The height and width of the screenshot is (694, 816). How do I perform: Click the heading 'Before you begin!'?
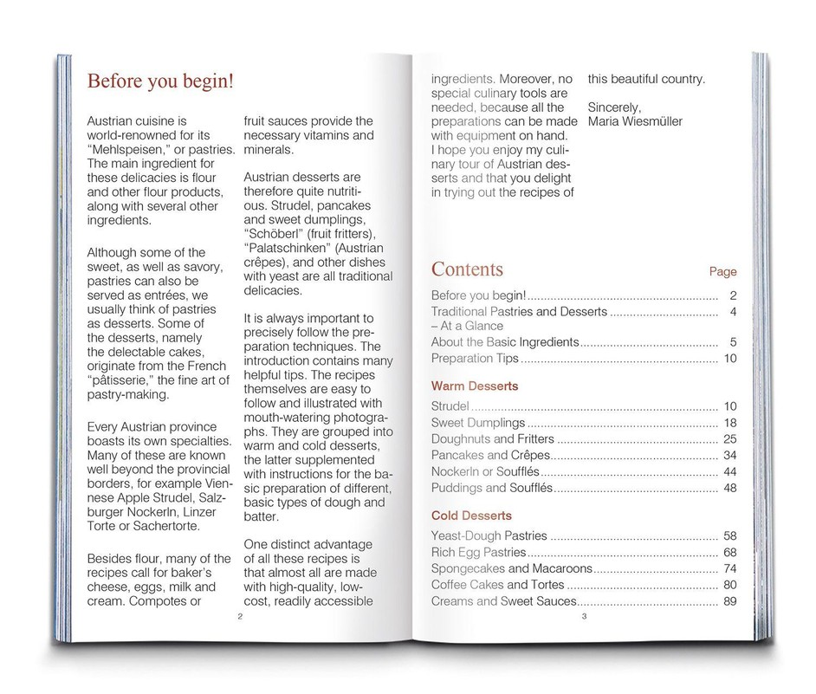(160, 81)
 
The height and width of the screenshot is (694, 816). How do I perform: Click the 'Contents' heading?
(466, 269)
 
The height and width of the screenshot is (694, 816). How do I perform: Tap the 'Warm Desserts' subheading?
(474, 385)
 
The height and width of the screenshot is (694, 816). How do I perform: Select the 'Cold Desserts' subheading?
(471, 516)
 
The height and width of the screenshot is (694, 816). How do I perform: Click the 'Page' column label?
(722, 271)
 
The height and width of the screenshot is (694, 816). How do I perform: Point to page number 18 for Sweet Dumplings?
(729, 423)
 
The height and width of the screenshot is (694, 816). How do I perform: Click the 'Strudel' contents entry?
(450, 405)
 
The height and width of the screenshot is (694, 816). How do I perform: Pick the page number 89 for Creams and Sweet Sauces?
(729, 601)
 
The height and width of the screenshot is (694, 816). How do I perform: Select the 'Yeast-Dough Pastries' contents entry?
(489, 536)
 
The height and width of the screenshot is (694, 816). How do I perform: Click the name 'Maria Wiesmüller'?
(634, 121)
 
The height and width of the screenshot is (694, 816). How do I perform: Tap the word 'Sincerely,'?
(614, 107)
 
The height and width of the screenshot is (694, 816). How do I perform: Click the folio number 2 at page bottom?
(239, 616)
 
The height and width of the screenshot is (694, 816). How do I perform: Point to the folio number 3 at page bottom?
(585, 616)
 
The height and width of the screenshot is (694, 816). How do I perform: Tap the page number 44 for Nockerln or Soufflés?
(729, 471)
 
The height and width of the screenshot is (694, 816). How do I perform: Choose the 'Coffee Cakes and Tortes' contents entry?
(498, 585)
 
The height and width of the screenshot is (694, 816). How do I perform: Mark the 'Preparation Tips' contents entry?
(475, 358)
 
